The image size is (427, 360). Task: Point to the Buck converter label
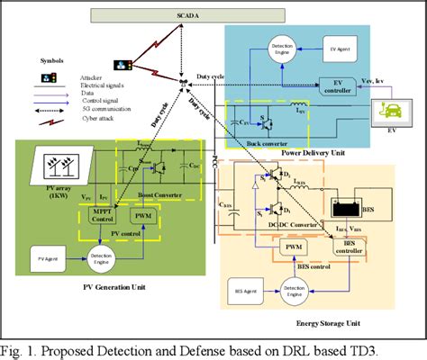[257, 143]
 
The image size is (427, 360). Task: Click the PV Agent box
[50, 259]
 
